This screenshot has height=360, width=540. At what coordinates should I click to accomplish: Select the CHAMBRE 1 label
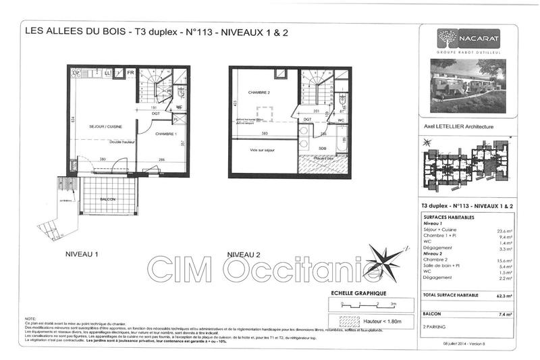point(166,134)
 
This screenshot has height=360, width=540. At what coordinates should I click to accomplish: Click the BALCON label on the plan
point(109,200)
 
